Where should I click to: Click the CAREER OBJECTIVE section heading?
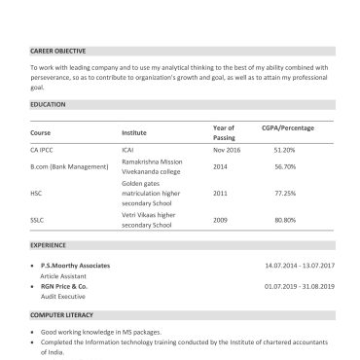(57, 50)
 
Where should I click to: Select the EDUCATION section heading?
(49, 102)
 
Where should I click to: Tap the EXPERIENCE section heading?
(50, 246)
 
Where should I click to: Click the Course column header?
(40, 131)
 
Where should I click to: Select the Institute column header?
(134, 131)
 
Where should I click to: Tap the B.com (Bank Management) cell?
(69, 166)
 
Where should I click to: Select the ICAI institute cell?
(127, 150)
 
